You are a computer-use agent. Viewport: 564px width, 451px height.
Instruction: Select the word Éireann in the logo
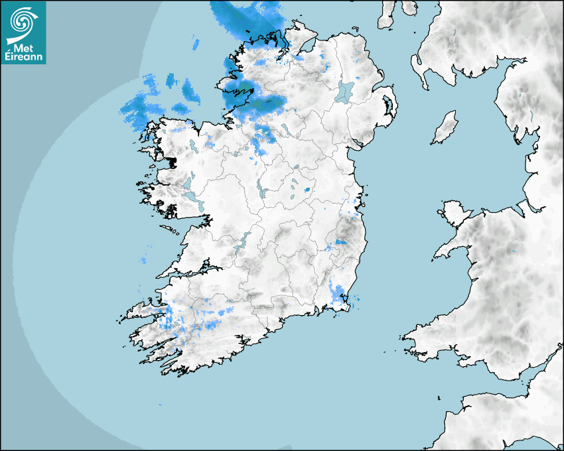(x=24, y=58)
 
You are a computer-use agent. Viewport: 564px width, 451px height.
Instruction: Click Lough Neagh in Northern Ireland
(x=346, y=92)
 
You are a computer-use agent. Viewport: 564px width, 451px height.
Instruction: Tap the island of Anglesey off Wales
(x=454, y=213)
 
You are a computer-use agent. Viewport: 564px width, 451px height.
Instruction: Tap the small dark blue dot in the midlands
(x=307, y=190)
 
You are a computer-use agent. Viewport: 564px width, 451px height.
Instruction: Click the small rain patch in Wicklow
(x=342, y=242)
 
